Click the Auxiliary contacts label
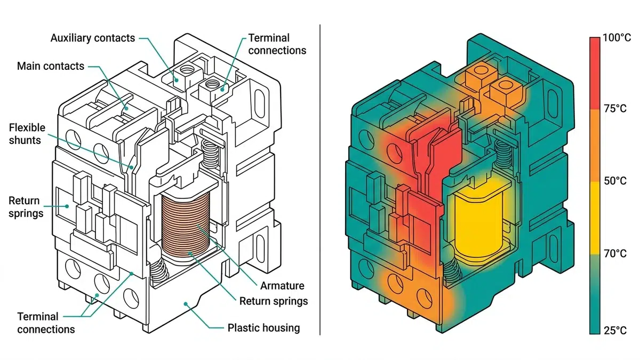[92, 38]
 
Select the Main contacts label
[51, 66]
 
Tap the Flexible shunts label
[27, 134]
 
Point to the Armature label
[282, 286]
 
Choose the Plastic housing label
[263, 327]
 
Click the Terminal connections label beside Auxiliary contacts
[277, 44]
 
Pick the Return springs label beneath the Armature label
[274, 301]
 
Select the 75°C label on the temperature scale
[614, 109]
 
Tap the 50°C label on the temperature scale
[614, 181]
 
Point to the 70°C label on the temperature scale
[614, 253]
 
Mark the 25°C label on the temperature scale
[614, 331]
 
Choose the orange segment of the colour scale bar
[596, 145]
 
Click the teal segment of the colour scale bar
[596, 299]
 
